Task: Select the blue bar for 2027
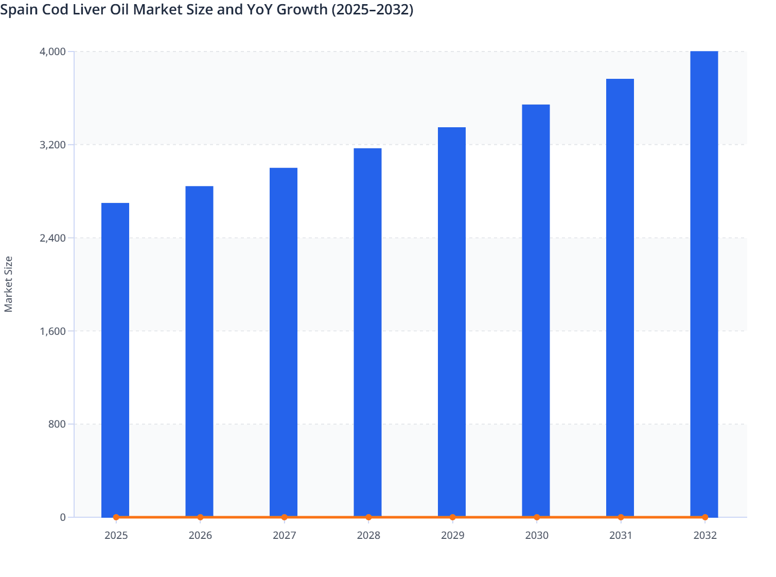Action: (x=284, y=342)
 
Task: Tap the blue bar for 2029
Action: (x=452, y=322)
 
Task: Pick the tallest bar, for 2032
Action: (x=704, y=284)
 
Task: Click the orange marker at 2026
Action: (x=200, y=517)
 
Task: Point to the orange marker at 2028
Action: (x=368, y=517)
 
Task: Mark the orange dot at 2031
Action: (x=621, y=517)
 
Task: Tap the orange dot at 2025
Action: (x=116, y=517)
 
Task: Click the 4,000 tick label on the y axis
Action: (x=52, y=52)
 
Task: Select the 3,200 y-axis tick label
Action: (x=52, y=145)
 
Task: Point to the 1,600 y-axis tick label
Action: (x=52, y=331)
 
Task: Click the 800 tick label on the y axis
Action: (x=57, y=425)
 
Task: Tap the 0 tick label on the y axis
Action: (x=63, y=517)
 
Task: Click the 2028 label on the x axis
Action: (x=368, y=536)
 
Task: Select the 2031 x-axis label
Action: (x=621, y=536)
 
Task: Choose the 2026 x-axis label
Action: (x=200, y=536)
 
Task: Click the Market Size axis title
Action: (x=8, y=284)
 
